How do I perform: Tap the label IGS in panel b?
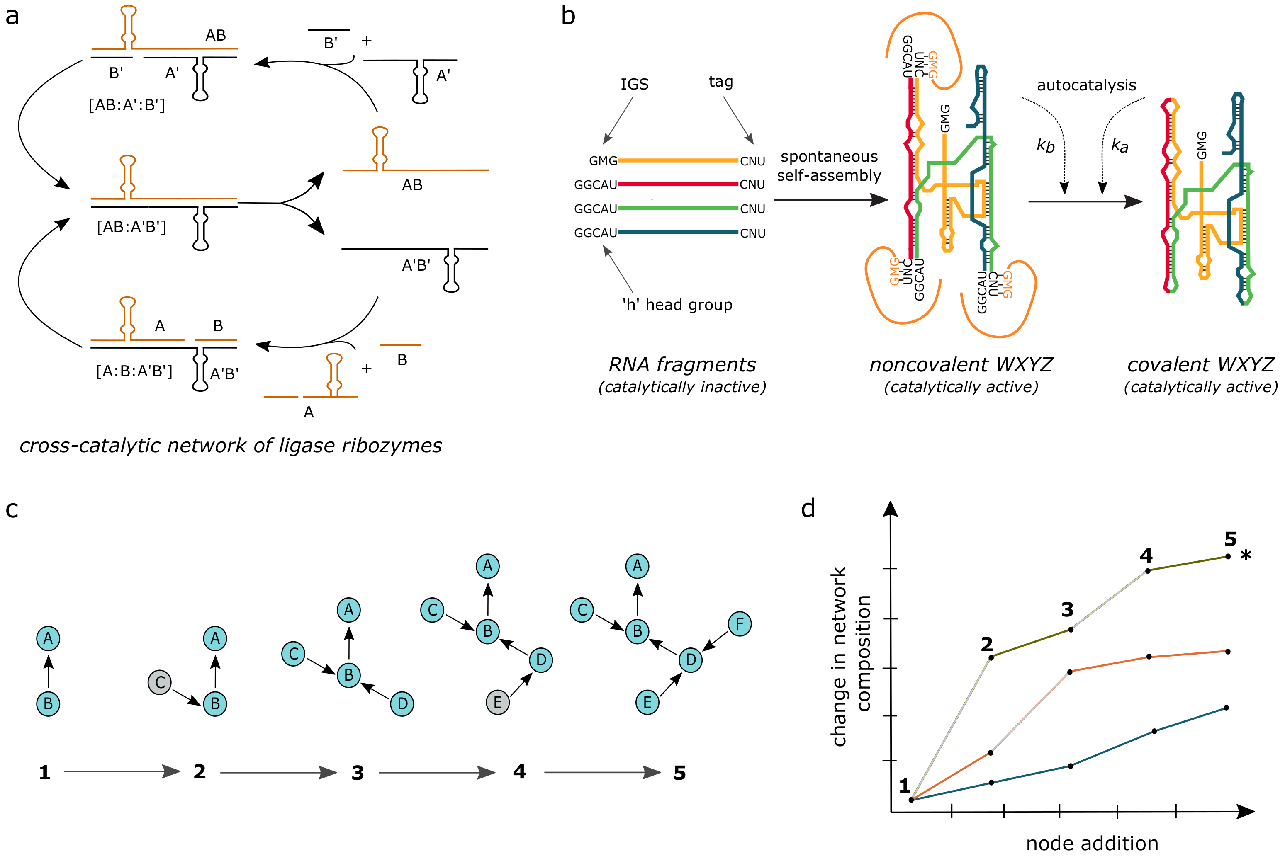[634, 84]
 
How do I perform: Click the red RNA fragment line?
[677, 184]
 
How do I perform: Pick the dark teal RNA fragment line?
[677, 233]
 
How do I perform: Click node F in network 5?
[740, 623]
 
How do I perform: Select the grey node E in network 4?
[497, 702]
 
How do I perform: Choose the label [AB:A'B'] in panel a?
[131, 227]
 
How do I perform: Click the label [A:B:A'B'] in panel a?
[134, 371]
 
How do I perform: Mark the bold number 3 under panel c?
[357, 773]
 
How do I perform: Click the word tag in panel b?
[720, 82]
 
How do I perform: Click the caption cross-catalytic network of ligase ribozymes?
[231, 446]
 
